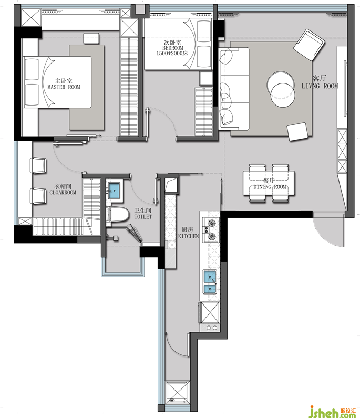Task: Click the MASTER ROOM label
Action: (x=64, y=87)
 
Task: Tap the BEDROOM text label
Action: (x=173, y=48)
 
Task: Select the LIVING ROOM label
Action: (x=320, y=86)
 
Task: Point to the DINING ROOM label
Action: (x=270, y=187)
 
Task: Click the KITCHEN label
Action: (x=189, y=236)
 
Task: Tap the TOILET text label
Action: (x=143, y=217)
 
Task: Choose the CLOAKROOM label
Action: (x=63, y=192)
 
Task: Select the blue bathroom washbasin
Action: (x=115, y=191)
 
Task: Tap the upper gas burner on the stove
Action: (x=212, y=222)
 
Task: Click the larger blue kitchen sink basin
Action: (x=210, y=277)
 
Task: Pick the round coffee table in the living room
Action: (x=281, y=89)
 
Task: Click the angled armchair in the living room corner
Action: (x=309, y=45)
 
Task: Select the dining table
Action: (x=269, y=183)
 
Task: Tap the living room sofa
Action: (x=234, y=89)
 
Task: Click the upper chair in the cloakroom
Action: (x=38, y=165)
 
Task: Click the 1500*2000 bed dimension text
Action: (x=172, y=54)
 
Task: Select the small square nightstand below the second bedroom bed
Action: (x=206, y=78)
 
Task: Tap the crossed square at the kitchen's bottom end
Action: (x=176, y=392)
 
